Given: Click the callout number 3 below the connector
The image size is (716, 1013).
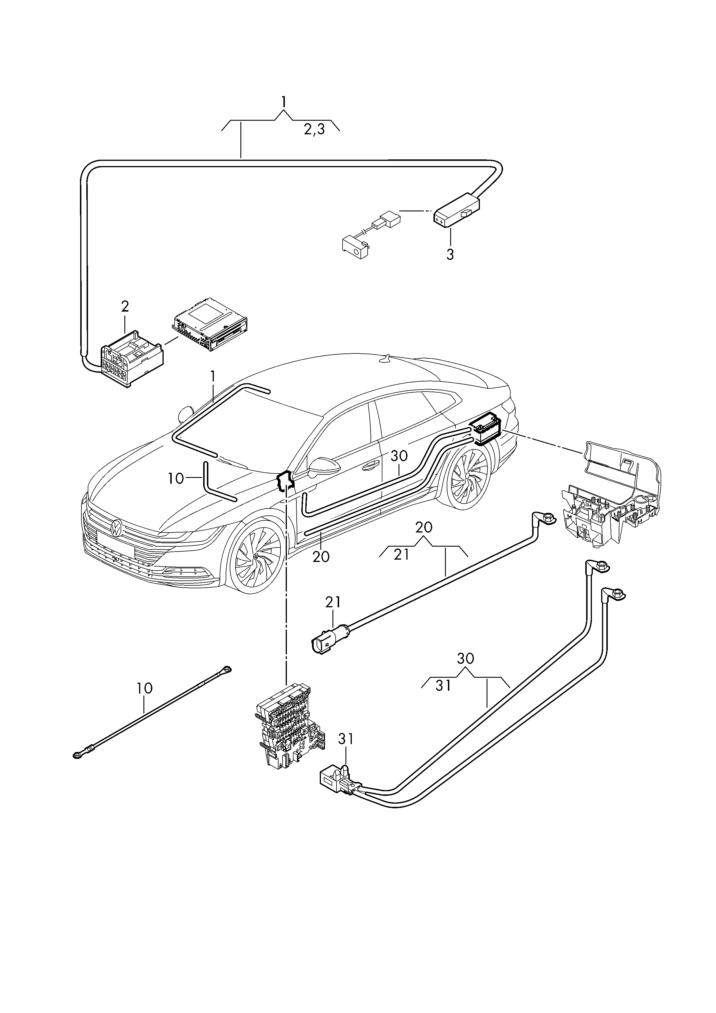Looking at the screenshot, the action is click(450, 255).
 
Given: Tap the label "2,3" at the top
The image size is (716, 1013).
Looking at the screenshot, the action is click(314, 129).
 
